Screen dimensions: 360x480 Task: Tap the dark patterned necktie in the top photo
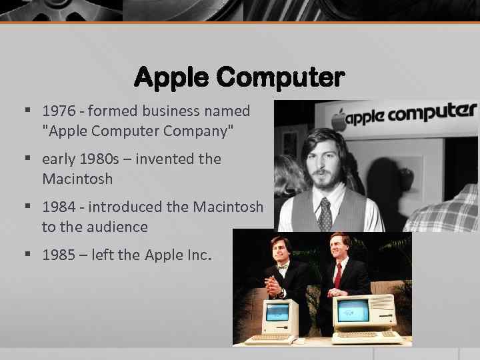pyautogui.click(x=325, y=215)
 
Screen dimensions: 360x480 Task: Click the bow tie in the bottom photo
pyautogui.click(x=280, y=267)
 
